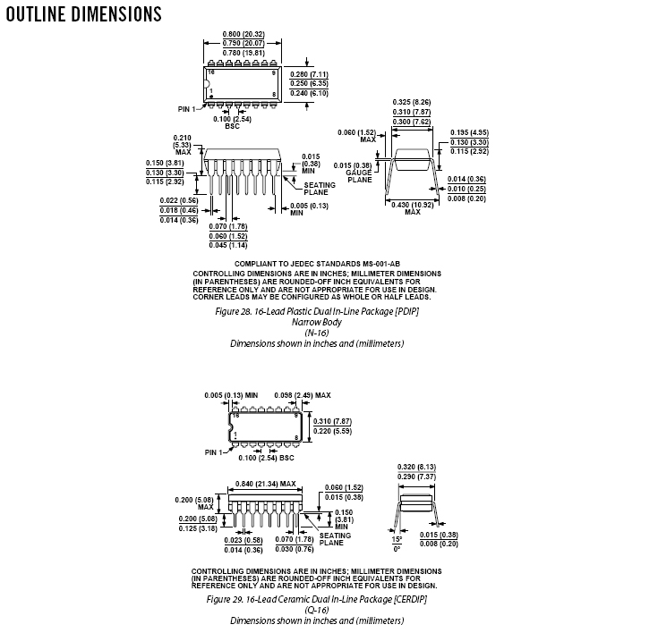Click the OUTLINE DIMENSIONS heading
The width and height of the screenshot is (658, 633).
pos(83,13)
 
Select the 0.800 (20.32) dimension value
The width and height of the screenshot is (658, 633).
pos(244,34)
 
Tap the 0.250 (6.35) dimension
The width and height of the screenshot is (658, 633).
pos(309,83)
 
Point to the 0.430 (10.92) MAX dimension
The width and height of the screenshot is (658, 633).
pos(413,208)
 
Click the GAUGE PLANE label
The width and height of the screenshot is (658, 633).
pos(359,176)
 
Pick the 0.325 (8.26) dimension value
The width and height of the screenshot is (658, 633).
pos(412,102)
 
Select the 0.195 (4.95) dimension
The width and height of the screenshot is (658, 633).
pos(470,132)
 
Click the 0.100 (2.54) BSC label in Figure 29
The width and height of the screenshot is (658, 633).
pos(266,458)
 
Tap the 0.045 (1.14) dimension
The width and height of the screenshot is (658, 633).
pos(228,245)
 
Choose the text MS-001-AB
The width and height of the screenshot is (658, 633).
pos(381,264)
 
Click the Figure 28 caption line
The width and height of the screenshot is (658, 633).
pos(317,311)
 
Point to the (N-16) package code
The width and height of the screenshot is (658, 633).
pos(317,333)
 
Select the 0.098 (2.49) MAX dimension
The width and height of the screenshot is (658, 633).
pos(303,395)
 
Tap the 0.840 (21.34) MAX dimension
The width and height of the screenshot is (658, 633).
pos(266,484)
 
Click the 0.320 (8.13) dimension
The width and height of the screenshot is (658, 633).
pos(416,467)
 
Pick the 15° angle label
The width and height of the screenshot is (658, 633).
pos(397,539)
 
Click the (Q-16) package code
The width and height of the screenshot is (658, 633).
pos(317,610)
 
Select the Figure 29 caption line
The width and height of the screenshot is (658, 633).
pos(317,599)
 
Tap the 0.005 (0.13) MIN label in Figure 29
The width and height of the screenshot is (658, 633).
pos(231,395)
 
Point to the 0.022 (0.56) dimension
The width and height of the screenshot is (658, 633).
pos(179,200)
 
